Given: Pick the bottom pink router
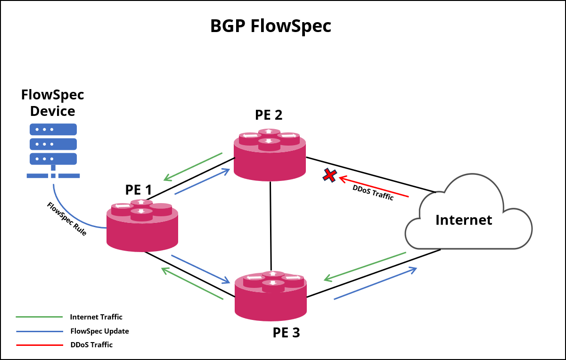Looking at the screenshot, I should (271, 297).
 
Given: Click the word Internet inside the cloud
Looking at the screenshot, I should (464, 221).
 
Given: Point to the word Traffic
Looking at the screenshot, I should (383, 196).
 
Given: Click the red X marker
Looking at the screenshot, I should (329, 175).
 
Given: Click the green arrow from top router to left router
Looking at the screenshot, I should (193, 166).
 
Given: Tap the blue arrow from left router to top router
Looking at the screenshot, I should (202, 181).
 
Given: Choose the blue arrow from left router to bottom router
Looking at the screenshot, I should (200, 269).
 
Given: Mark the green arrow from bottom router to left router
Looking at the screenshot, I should (192, 284).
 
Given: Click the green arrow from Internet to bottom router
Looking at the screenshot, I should (365, 267).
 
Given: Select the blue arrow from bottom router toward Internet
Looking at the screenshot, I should (375, 283).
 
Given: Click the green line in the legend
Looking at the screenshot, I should (40, 317).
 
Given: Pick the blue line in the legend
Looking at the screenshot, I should (40, 331).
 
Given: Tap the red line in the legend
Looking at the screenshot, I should (40, 345).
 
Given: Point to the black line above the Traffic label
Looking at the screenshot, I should (403, 184).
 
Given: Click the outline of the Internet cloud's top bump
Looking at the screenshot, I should (473, 174).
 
